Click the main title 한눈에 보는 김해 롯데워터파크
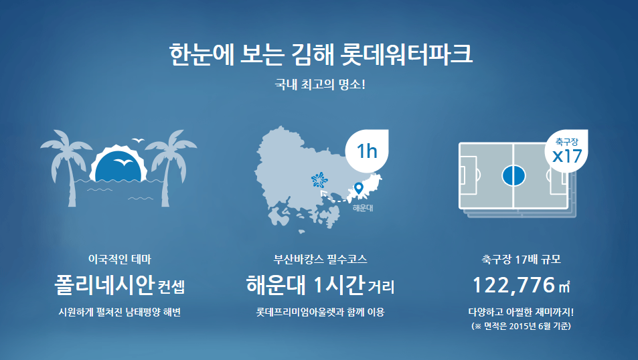(x=321, y=54)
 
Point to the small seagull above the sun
(x=139, y=141)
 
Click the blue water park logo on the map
(x=320, y=180)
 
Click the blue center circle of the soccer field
(x=512, y=176)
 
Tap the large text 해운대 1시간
(x=305, y=286)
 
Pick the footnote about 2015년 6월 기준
(x=521, y=327)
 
